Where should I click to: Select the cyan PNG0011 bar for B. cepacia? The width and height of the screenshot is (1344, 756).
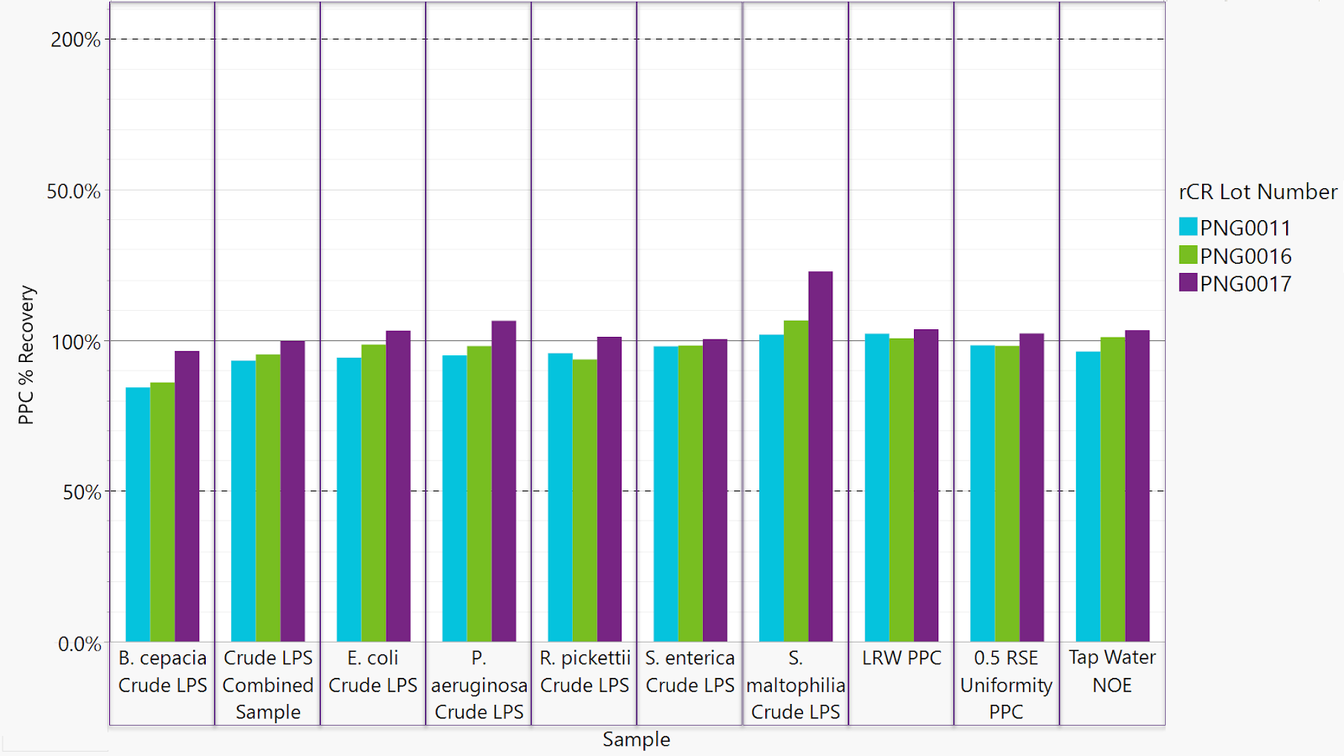pos(138,514)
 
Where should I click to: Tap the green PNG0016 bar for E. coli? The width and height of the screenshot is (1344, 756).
pos(374,493)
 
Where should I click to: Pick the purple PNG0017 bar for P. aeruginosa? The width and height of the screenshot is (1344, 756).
pos(504,481)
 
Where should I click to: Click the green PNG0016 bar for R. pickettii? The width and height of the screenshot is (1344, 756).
pos(585,501)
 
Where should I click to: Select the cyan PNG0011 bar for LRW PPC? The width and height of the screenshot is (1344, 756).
pos(877,487)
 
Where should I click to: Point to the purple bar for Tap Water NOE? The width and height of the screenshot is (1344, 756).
pos(1137,486)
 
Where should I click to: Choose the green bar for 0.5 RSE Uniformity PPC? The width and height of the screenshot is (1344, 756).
pos(1007,494)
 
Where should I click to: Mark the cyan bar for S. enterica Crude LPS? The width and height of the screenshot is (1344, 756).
pos(665,494)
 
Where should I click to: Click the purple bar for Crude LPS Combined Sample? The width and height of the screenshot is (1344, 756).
pos(293,491)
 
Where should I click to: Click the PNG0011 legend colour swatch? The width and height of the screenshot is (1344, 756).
pos(1188,227)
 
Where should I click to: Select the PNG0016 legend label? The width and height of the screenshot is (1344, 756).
pos(1246,256)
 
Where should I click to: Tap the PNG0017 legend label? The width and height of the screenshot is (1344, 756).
pos(1246,284)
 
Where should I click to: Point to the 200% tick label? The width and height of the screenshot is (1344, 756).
pos(76,39)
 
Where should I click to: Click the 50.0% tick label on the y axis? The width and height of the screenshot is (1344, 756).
pos(74,192)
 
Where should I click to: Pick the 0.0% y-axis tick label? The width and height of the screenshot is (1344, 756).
pos(79,644)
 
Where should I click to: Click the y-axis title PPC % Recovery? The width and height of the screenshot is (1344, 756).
pos(26,355)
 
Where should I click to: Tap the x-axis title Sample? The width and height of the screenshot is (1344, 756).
pos(636,739)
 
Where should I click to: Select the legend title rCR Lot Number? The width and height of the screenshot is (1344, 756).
pos(1257,192)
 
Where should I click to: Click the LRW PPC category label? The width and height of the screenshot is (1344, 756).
pos(901,658)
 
